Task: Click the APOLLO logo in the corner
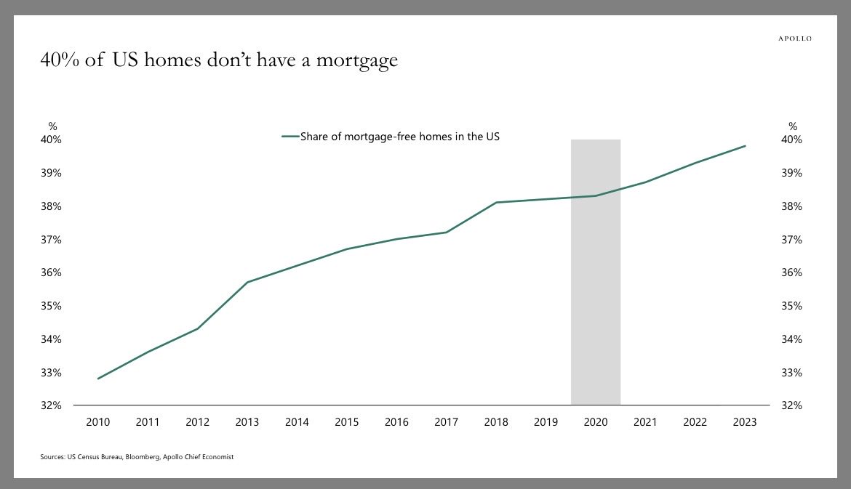click(794, 38)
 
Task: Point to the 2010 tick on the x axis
click(97, 422)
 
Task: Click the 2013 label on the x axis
click(247, 422)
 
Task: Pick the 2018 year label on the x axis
click(496, 422)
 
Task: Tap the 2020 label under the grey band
click(596, 422)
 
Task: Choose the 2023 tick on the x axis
click(745, 422)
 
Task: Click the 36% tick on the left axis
click(52, 273)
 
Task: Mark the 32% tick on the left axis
click(52, 405)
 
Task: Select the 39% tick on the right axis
click(791, 173)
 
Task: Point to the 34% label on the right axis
click(791, 339)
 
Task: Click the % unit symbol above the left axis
click(52, 126)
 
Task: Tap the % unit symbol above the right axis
click(793, 126)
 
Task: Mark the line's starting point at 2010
click(97, 379)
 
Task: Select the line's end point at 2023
click(745, 146)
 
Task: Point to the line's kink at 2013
click(247, 282)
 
